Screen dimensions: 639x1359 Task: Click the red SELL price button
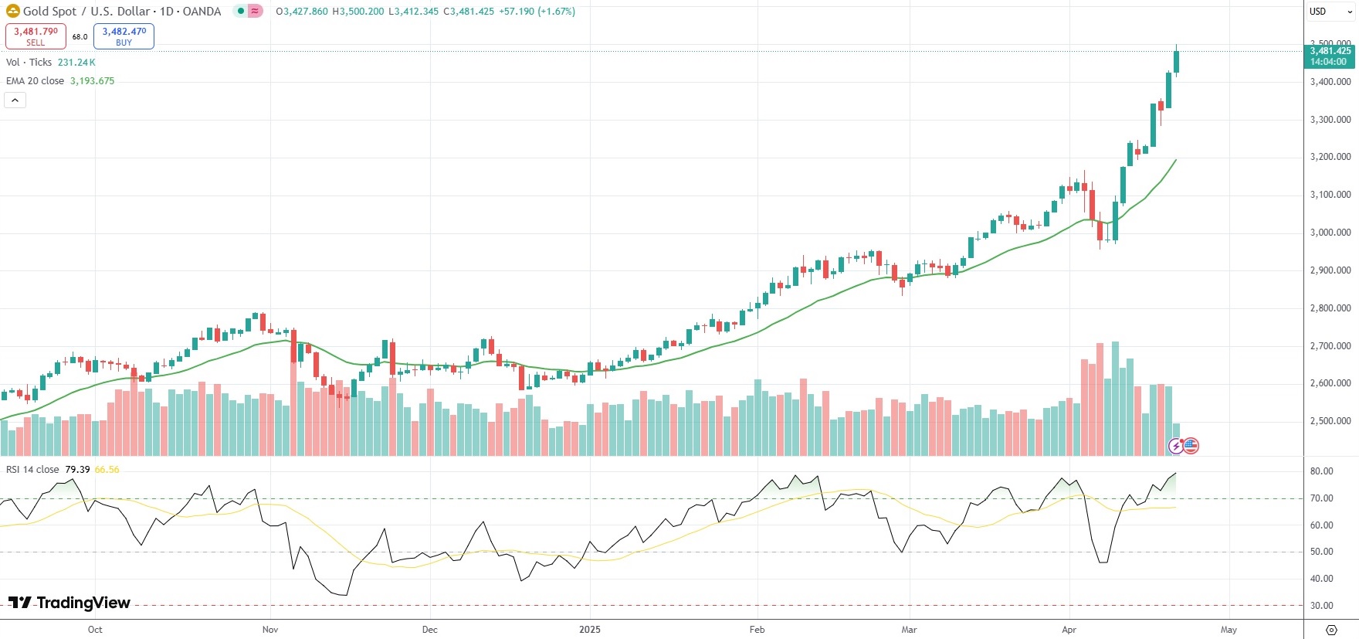(36, 36)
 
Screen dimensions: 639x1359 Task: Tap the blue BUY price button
(124, 36)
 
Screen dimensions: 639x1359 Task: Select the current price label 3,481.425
(1330, 51)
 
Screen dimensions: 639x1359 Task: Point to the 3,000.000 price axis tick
(1330, 233)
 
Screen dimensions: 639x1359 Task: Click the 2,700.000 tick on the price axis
(1330, 346)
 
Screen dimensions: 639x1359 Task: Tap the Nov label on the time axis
(270, 630)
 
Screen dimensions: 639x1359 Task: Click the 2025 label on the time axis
(590, 630)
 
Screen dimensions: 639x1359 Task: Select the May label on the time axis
(1229, 630)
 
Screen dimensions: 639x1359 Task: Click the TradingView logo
(69, 603)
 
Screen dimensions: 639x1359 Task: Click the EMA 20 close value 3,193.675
(92, 81)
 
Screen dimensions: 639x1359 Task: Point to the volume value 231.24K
(76, 63)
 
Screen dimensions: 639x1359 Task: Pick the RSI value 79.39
(77, 470)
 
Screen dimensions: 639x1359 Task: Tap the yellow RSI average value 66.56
(107, 470)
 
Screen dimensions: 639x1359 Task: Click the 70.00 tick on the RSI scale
(1321, 498)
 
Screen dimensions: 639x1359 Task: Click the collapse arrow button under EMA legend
(15, 100)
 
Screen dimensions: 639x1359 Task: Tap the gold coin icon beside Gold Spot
(13, 11)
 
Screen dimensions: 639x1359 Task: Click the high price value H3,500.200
(358, 12)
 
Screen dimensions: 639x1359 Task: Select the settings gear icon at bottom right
(1331, 630)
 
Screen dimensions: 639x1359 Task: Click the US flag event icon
(1191, 445)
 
